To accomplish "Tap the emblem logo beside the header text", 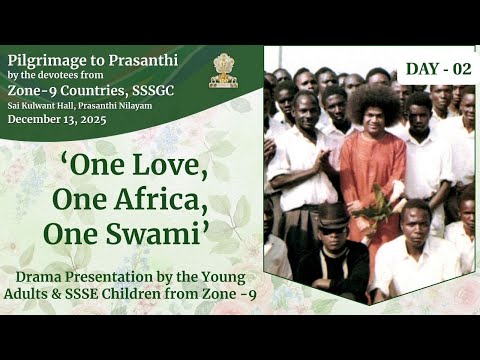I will coord(224,70).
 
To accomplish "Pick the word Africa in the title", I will coord(164,201).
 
